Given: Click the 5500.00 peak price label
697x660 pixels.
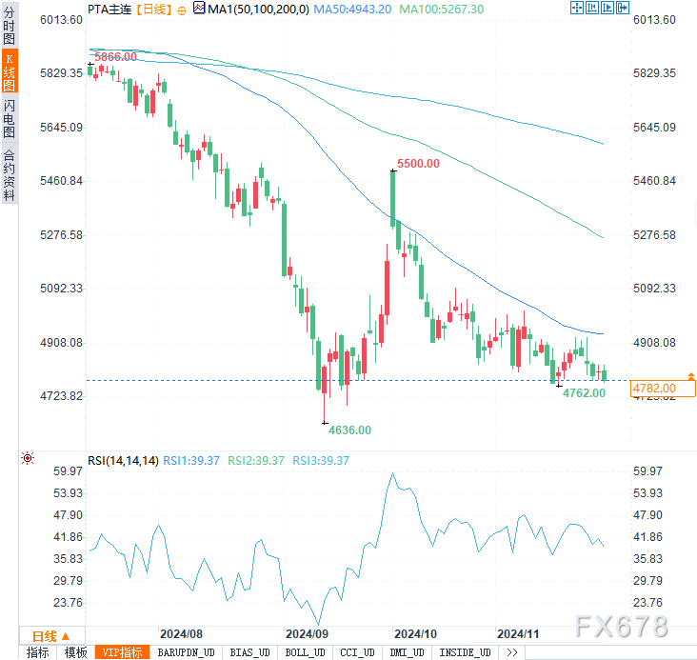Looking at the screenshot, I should click(418, 164).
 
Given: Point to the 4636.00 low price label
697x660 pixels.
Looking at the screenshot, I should click(349, 430).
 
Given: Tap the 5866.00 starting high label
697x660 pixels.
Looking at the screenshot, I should click(114, 57).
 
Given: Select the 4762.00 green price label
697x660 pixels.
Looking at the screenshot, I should click(584, 392).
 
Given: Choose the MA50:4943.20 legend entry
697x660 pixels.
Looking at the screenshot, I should click(354, 9).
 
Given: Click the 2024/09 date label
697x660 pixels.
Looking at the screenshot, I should click(307, 632).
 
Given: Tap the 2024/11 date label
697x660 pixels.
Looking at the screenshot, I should click(518, 632).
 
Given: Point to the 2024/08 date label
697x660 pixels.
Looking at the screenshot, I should click(181, 632).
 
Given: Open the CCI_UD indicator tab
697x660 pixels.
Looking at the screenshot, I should click(357, 652).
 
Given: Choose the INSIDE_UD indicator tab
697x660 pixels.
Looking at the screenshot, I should click(467, 652).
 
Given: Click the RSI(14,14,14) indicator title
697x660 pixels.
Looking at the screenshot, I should click(123, 460).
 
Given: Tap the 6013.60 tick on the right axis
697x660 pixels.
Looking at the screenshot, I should click(654, 19).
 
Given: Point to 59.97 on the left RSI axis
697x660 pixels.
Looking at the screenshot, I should click(70, 470).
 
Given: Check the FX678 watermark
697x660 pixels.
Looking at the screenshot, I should click(621, 626).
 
